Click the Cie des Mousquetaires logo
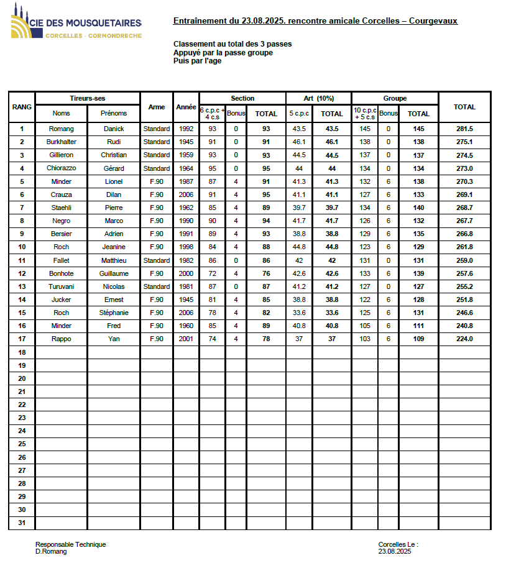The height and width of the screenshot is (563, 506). coord(76,25)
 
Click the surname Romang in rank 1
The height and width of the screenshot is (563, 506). coord(62,129)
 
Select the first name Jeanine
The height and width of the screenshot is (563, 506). coord(114,247)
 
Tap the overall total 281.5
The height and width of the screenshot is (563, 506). coord(464,129)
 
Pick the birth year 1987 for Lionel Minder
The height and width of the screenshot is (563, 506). coord(186,181)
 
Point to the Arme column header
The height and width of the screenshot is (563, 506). coord(157,107)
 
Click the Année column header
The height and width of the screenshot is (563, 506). coord(186,107)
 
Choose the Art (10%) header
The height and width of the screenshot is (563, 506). coord(318,98)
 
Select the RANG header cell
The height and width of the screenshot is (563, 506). coord(22,107)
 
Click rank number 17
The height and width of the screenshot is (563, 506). coord(22,339)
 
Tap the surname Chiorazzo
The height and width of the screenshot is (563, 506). coord(62,168)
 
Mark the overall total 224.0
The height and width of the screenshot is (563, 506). coord(464,339)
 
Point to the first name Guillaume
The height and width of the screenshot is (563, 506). coord(114,273)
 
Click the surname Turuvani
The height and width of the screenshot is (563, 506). coord(62,286)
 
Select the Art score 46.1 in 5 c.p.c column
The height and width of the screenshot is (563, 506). coord(299,142)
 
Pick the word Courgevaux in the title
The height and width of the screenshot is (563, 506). coord(433,21)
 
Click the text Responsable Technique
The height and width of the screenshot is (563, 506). coord(70,544)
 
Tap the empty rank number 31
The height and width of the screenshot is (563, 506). coord(22,523)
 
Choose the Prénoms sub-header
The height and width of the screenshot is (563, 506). coord(114,114)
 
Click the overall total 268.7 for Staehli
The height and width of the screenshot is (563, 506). coord(464,208)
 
